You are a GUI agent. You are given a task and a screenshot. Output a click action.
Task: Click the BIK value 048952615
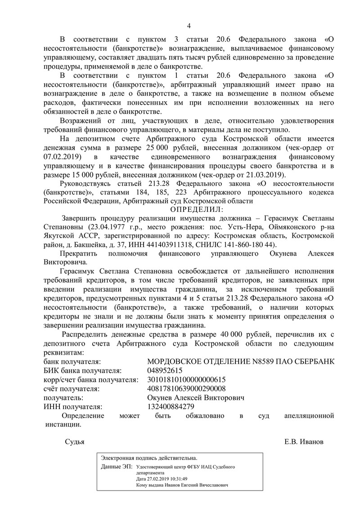(165, 371)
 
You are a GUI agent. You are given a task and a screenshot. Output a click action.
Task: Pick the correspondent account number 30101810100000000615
(187, 380)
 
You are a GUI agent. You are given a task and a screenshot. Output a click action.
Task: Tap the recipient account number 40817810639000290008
(187, 389)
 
